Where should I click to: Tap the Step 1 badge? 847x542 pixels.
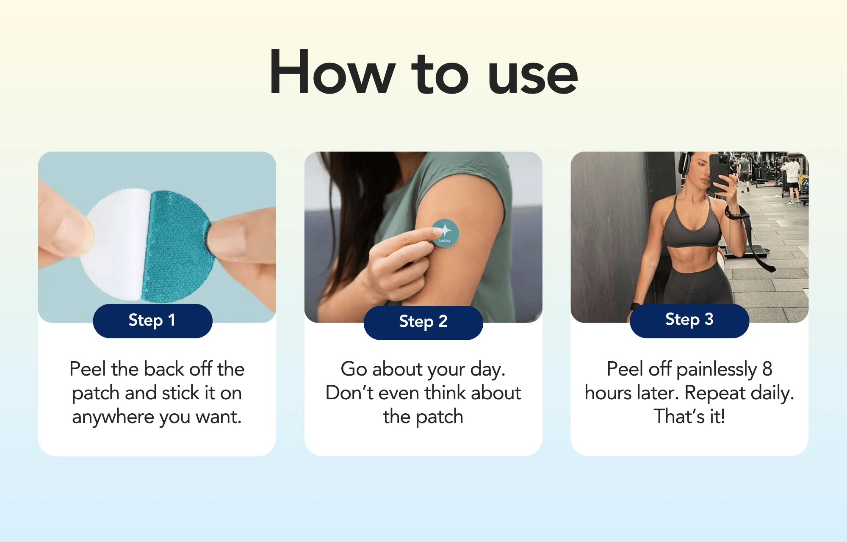[x=152, y=321]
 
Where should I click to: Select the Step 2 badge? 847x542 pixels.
[x=423, y=322]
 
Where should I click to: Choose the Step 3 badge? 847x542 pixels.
[x=689, y=320]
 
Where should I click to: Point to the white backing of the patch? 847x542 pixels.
[x=114, y=243]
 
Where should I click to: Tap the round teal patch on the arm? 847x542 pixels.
[x=446, y=233]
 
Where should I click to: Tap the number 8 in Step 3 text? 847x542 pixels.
[x=767, y=369]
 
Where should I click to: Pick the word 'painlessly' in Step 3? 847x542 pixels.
[x=717, y=370]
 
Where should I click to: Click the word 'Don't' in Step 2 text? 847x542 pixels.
[x=349, y=393]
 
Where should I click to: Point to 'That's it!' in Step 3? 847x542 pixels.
[x=689, y=417]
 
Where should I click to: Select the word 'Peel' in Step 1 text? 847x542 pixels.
[x=87, y=369]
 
